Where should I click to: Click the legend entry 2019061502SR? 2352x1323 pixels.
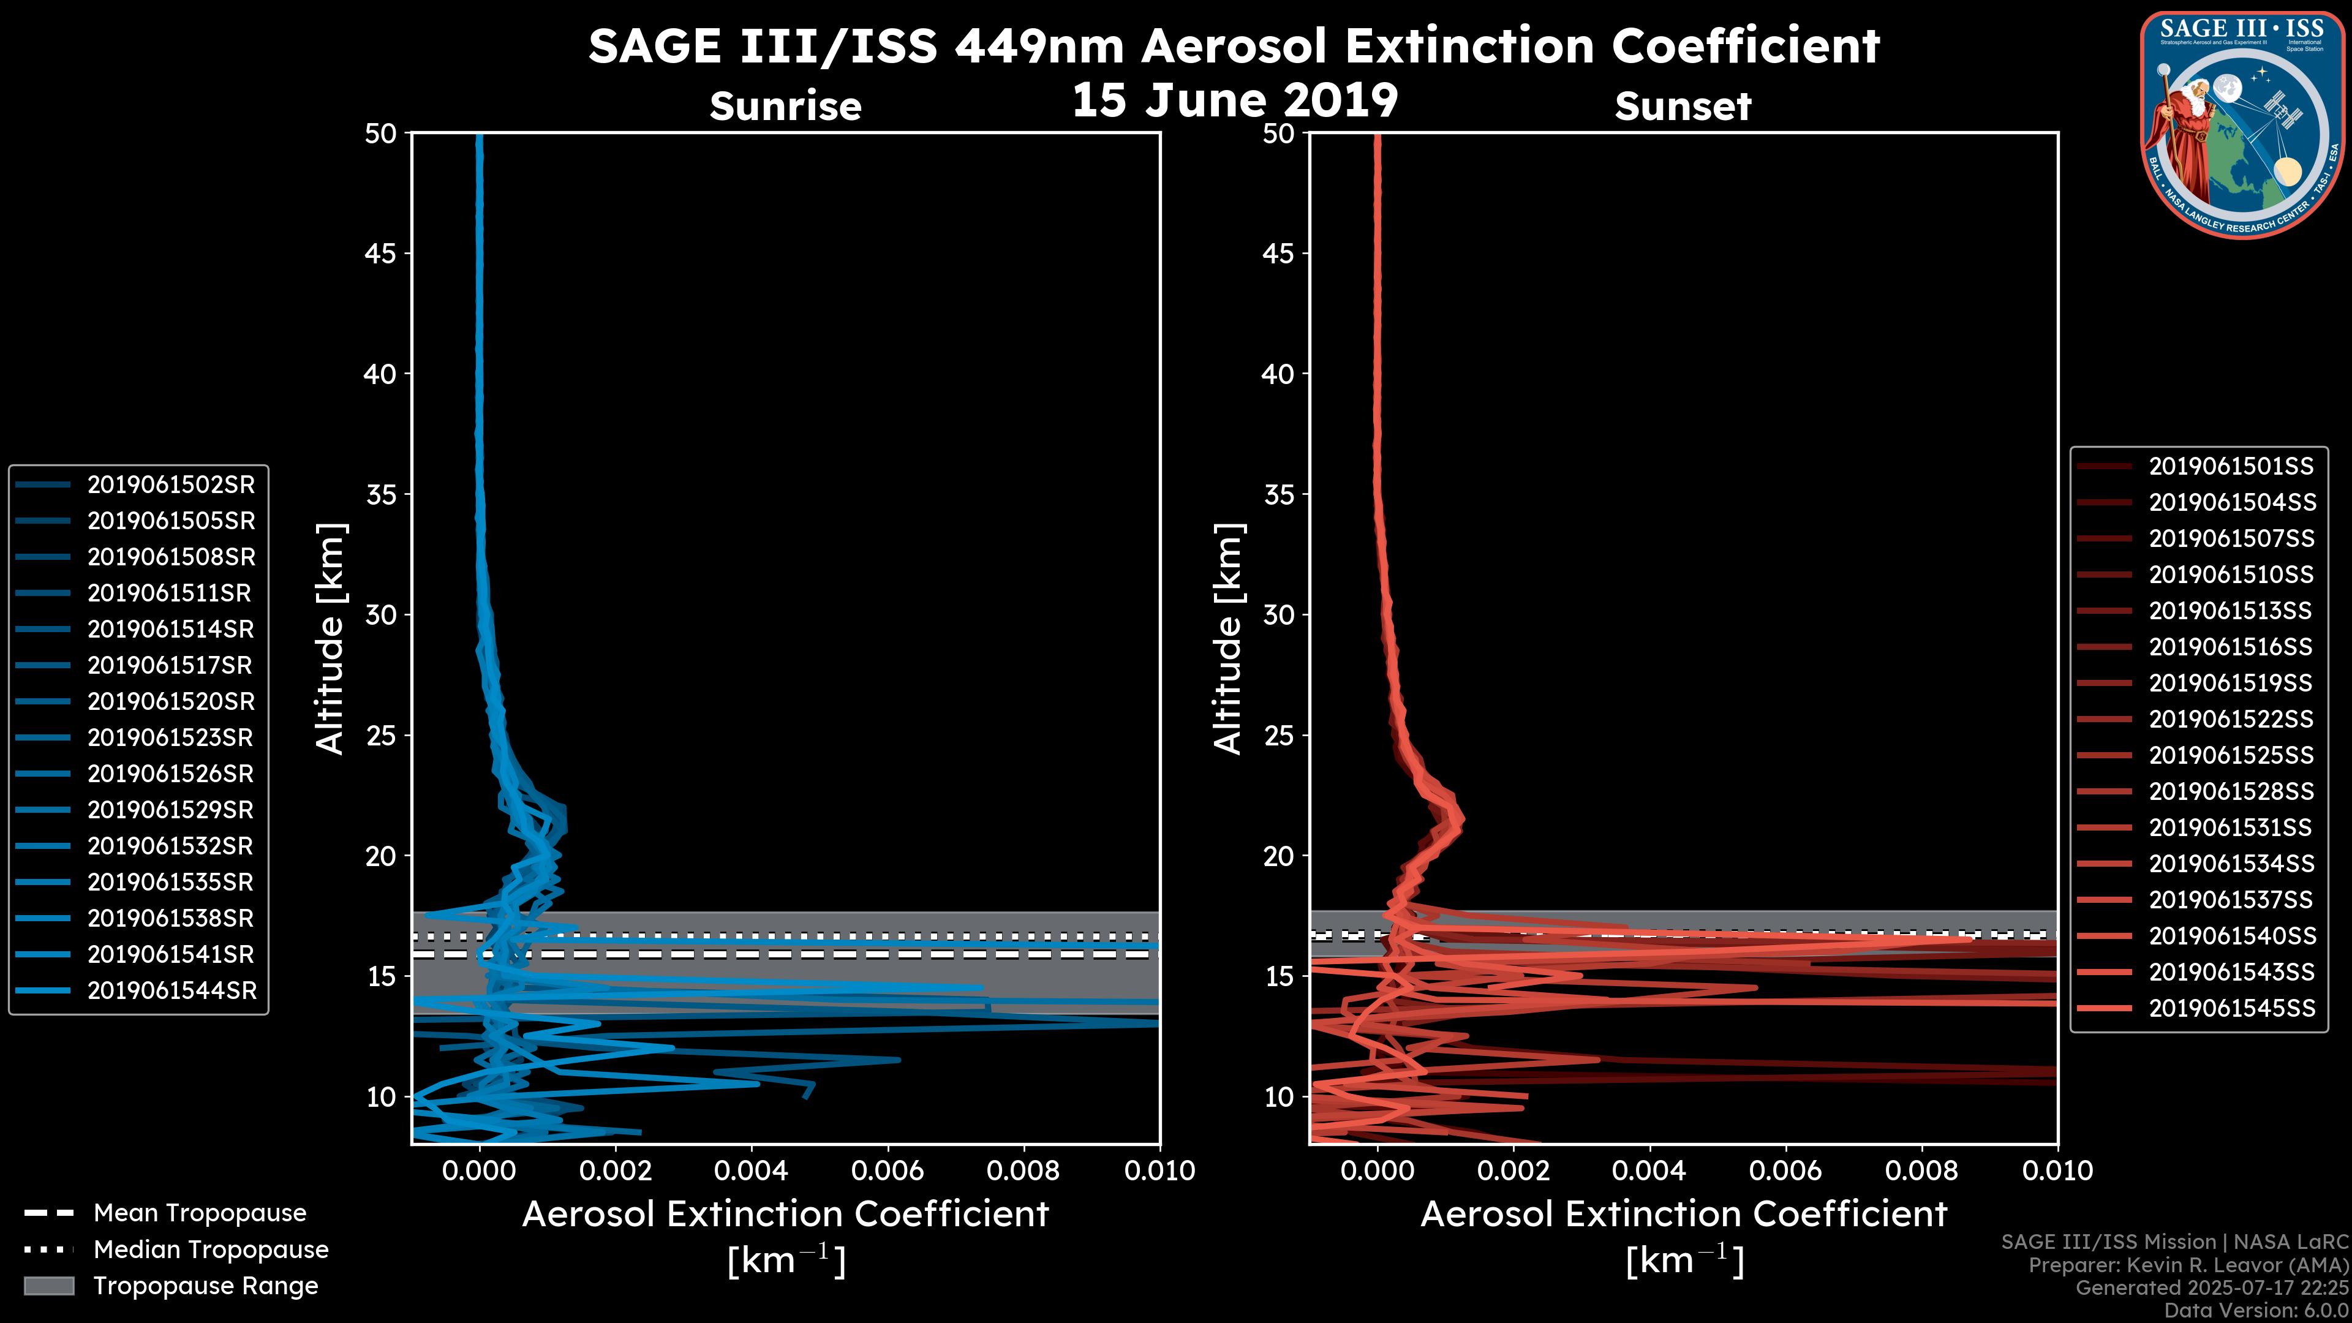(x=171, y=485)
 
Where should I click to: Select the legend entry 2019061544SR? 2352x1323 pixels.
(x=171, y=990)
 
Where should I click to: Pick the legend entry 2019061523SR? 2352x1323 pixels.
(x=171, y=737)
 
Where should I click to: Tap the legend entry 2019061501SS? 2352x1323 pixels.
(x=2231, y=467)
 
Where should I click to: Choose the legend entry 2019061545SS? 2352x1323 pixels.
(x=2231, y=1008)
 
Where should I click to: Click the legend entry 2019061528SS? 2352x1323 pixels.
(x=2231, y=791)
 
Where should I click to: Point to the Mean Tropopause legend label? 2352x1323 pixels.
(x=200, y=1213)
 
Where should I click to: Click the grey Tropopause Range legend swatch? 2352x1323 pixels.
(x=49, y=1286)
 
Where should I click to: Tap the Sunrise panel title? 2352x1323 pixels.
(x=785, y=106)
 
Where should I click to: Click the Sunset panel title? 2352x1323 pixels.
(x=1683, y=106)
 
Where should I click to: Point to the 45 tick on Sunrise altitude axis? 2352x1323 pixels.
(x=382, y=254)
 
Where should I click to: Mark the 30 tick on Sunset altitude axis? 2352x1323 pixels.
(x=1279, y=614)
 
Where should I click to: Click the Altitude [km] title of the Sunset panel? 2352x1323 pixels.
(x=1228, y=638)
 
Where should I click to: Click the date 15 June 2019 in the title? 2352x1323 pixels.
(x=1234, y=99)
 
